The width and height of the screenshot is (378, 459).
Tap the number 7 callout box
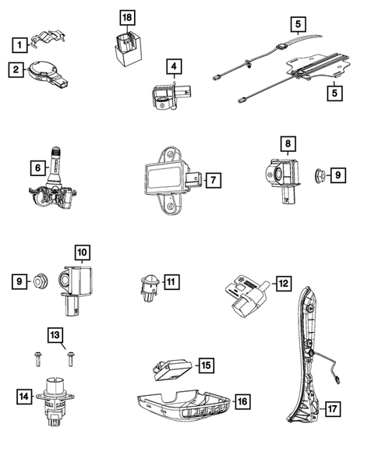click(213, 179)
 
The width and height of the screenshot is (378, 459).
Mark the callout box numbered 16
click(242, 402)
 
